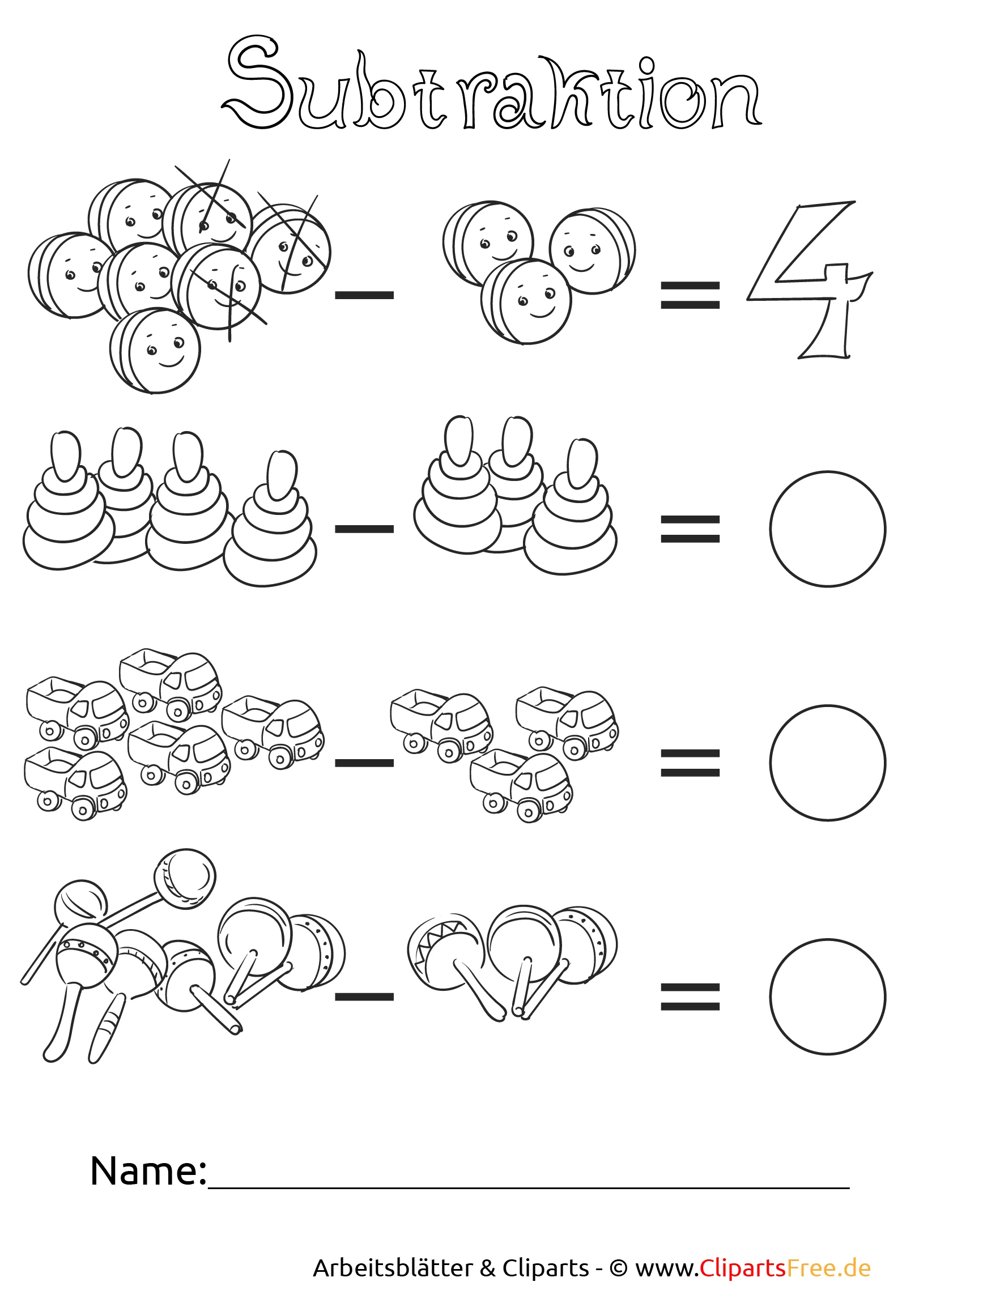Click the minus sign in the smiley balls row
(364, 295)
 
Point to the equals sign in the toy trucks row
(690, 763)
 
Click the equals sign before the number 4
(690, 295)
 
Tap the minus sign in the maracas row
(364, 997)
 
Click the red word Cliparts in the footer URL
(743, 1268)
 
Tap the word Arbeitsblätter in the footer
(392, 1268)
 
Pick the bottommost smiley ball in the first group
(155, 351)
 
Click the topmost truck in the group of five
(170, 684)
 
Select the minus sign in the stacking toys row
(364, 529)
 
